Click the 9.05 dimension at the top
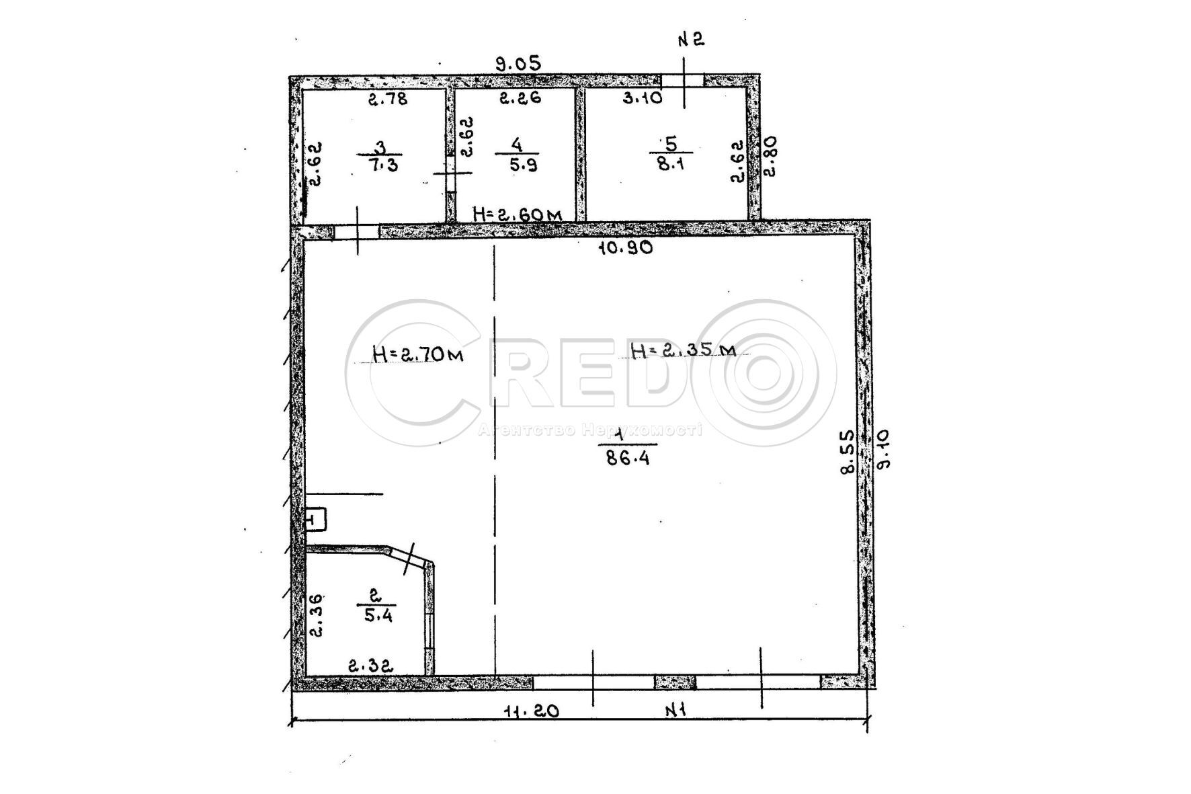pyautogui.click(x=518, y=64)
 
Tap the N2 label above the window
pyautogui.click(x=690, y=40)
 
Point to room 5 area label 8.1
pyautogui.click(x=670, y=163)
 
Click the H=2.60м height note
pyautogui.click(x=518, y=214)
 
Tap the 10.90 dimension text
pyautogui.click(x=626, y=248)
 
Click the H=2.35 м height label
pyautogui.click(x=683, y=350)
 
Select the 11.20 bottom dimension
pyautogui.click(x=531, y=711)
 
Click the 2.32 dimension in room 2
pyautogui.click(x=370, y=666)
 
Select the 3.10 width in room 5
pyautogui.click(x=643, y=98)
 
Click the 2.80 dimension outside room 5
pyautogui.click(x=770, y=156)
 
